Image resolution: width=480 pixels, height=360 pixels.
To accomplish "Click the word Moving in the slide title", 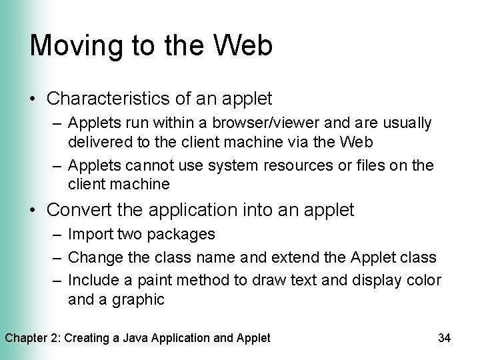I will tap(69, 46).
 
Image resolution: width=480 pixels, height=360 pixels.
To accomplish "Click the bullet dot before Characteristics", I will tap(33, 100).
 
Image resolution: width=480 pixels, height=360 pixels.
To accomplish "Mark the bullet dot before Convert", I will tap(33, 211).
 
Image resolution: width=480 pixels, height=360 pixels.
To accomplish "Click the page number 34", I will tap(445, 338).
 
